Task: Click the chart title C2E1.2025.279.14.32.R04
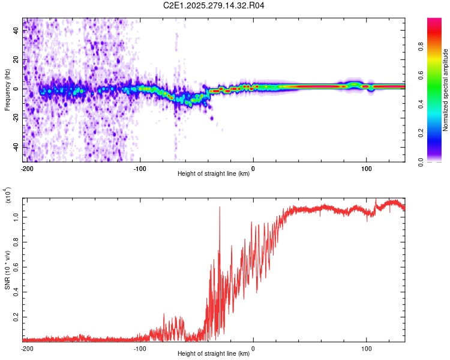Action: pos(214,7)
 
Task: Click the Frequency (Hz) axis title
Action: pos(8,90)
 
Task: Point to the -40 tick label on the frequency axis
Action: pos(16,147)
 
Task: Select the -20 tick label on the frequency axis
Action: pos(16,118)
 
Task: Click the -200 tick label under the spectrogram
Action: pos(27,169)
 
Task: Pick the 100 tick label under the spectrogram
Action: pos(366,169)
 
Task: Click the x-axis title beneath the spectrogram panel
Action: pos(214,174)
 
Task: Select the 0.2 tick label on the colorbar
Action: pos(439,133)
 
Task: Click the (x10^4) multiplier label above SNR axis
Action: pos(8,196)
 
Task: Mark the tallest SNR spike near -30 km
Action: pos(220,208)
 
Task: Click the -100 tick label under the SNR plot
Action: pos(140,348)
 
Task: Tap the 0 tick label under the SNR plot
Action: pos(253,348)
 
